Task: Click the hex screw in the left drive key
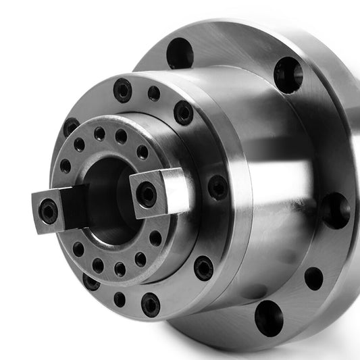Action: coord(49,211)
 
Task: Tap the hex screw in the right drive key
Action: coord(147,195)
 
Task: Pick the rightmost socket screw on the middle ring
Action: coord(217,186)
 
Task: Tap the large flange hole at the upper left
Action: coord(180,53)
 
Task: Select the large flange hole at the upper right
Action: coord(288,73)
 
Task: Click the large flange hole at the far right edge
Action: coord(336,210)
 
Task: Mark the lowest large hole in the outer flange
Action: coord(269,317)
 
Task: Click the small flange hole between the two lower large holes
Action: coord(313,278)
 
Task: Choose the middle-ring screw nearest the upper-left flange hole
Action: coord(183,112)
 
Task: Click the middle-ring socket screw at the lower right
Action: coord(203,267)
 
